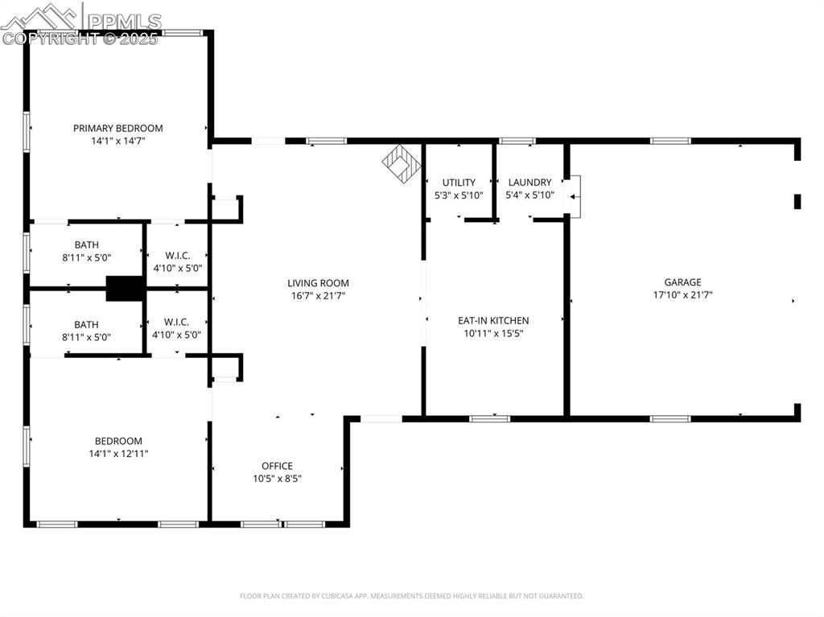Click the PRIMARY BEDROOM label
117,128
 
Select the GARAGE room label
682,282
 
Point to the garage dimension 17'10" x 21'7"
682,295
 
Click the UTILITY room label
459,183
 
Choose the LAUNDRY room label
529,183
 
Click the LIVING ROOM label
319,283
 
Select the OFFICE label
277,466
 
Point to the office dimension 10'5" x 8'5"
277,479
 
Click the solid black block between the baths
124,288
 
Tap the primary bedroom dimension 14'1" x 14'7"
117,141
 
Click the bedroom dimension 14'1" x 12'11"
118,454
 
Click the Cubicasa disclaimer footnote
411,596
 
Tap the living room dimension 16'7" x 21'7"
319,296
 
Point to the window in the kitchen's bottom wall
489,418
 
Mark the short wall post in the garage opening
797,201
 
